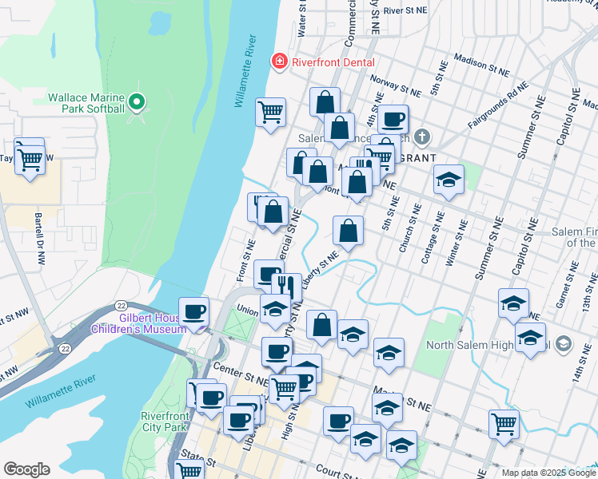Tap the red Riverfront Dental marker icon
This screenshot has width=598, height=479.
280,61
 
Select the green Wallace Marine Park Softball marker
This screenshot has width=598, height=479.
137,102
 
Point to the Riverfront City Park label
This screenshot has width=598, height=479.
164,422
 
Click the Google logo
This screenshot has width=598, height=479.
26,469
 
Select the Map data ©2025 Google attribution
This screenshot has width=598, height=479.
548,473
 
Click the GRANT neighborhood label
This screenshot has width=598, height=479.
416,158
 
